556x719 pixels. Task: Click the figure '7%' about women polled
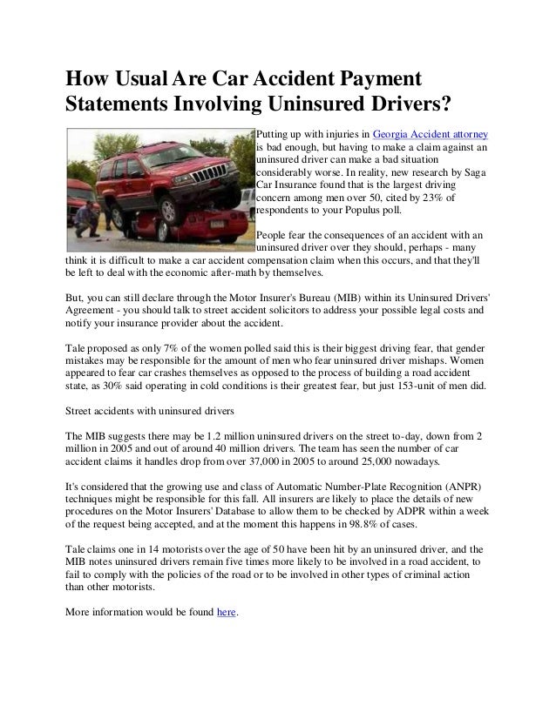point(155,347)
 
